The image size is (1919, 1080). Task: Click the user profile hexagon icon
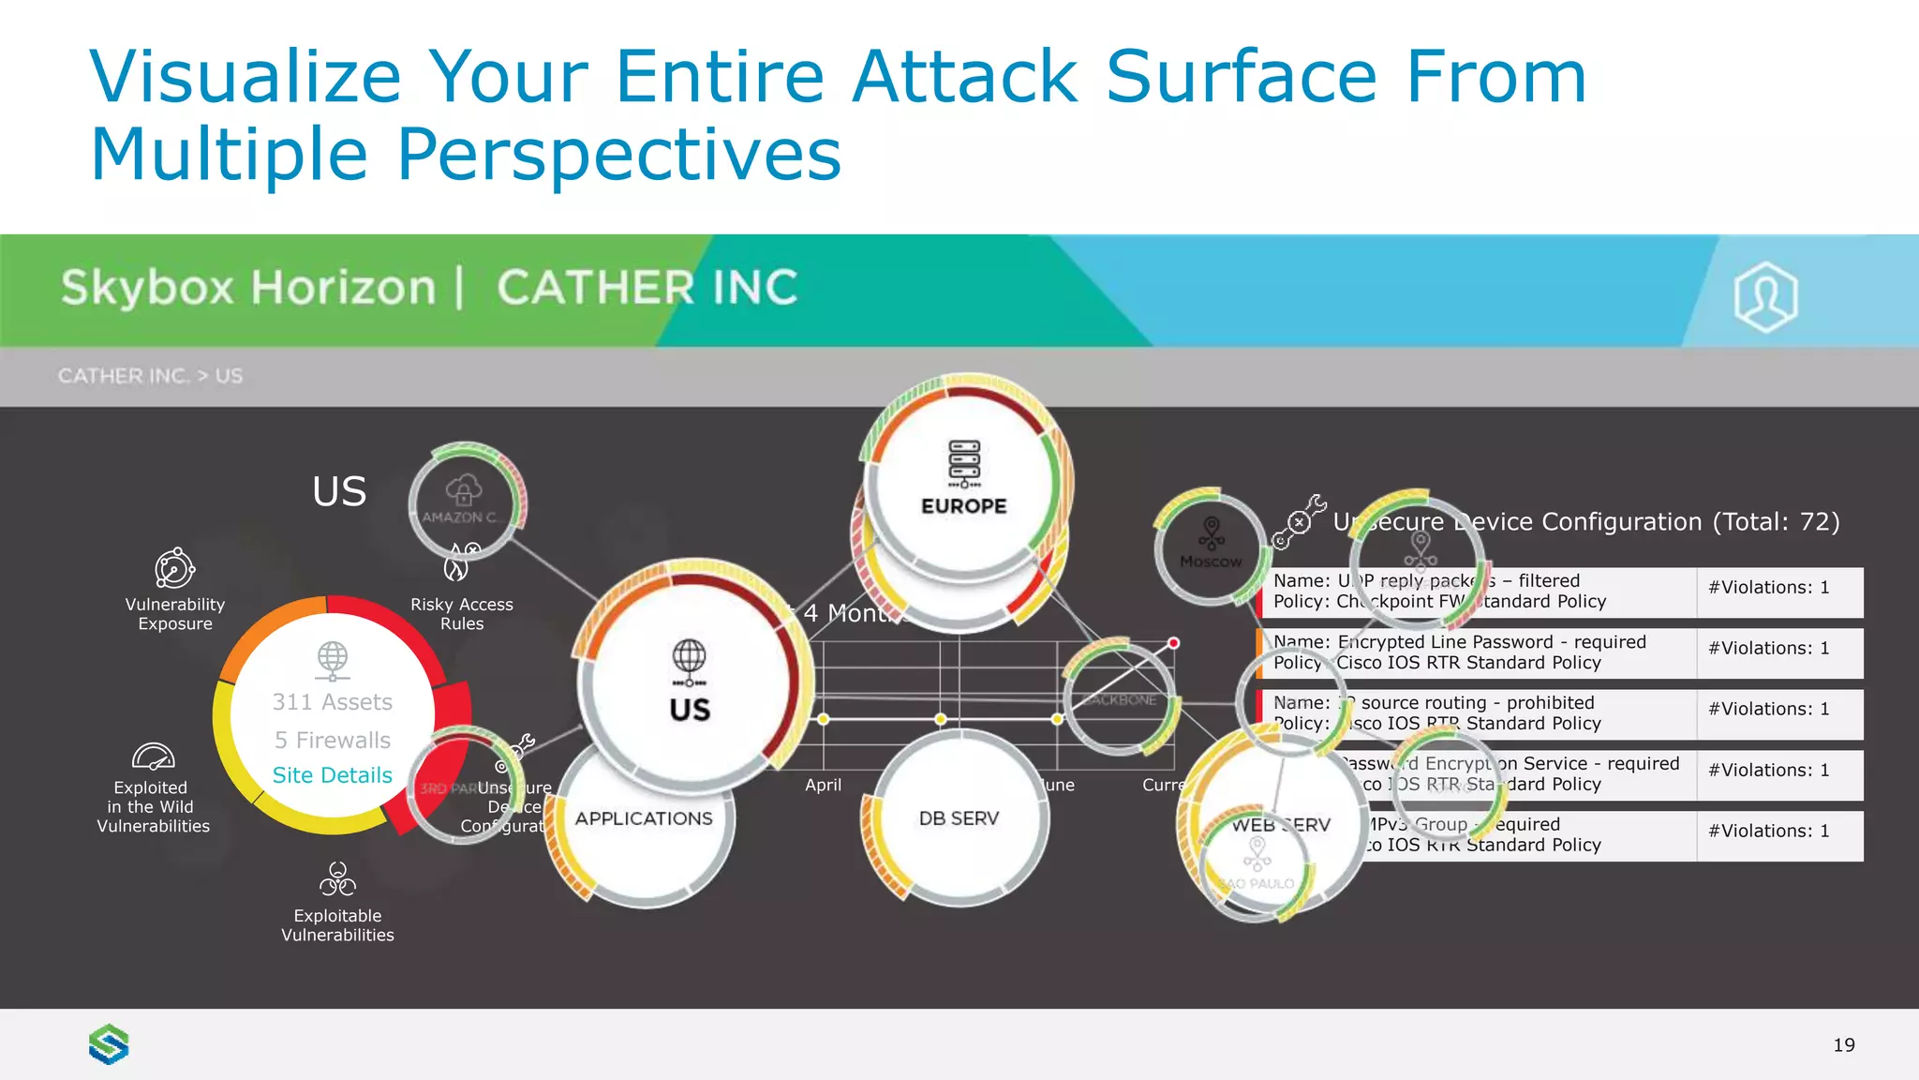[1765, 296]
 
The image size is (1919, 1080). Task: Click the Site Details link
[332, 775]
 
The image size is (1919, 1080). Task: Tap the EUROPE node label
[963, 506]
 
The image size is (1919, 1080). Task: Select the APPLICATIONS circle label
[644, 818]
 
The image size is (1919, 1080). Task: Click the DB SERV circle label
[959, 818]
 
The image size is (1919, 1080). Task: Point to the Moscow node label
[1211, 562]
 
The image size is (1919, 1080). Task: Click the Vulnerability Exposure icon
[174, 568]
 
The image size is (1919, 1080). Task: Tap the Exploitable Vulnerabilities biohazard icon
[337, 879]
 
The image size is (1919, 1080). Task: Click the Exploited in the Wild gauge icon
[153, 756]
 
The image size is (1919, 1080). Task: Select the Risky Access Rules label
[462, 614]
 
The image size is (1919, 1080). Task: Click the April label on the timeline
[823, 786]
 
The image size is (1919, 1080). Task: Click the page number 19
[1843, 1045]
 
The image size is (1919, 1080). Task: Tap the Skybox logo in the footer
[109, 1044]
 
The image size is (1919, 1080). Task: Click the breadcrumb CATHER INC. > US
[150, 376]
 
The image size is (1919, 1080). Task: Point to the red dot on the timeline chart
[1173, 643]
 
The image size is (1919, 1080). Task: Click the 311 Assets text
[332, 702]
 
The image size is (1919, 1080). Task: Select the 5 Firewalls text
[332, 741]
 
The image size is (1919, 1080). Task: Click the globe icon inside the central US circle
[690, 660]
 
